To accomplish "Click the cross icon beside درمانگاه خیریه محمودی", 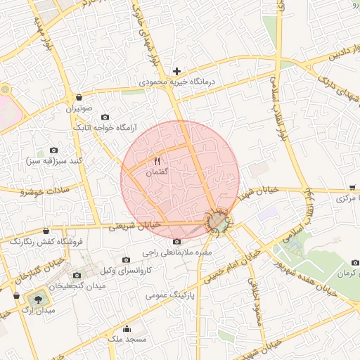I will pyautogui.click(x=176, y=71).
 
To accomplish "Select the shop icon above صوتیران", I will pyautogui.click(x=79, y=98).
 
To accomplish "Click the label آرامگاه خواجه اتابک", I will pyautogui.click(x=105, y=129).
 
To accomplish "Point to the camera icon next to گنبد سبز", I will pyautogui.click(x=53, y=150).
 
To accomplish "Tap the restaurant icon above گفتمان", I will pyautogui.click(x=157, y=162).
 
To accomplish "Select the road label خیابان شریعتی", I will pyautogui.click(x=136, y=226).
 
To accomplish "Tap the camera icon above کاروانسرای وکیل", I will pyautogui.click(x=127, y=259).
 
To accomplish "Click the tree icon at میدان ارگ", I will pyautogui.click(x=37, y=298).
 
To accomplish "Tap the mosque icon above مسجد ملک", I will pyautogui.click(x=127, y=328).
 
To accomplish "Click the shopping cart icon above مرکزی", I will pyautogui.click(x=351, y=188).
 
